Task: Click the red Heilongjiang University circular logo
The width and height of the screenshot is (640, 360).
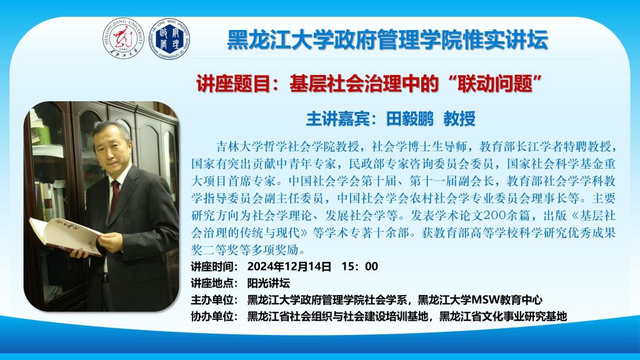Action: pyautogui.click(x=123, y=39)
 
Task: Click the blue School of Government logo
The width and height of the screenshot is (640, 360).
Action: pyautogui.click(x=169, y=39)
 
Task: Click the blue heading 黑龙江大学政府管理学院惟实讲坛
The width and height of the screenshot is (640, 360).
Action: pyautogui.click(x=387, y=40)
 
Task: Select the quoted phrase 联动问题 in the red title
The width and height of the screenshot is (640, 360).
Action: pyautogui.click(x=495, y=84)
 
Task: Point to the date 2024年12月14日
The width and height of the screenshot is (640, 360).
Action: pyautogui.click(x=289, y=266)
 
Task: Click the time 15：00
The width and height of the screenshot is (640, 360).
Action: pyautogui.click(x=360, y=266)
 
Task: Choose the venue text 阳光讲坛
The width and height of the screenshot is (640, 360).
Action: pyautogui.click(x=269, y=283)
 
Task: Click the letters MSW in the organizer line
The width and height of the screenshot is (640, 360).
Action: pyautogui.click(x=486, y=300)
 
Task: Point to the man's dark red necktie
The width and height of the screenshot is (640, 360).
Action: pyautogui.click(x=115, y=196)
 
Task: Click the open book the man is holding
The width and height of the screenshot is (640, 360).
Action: pyautogui.click(x=65, y=236)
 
